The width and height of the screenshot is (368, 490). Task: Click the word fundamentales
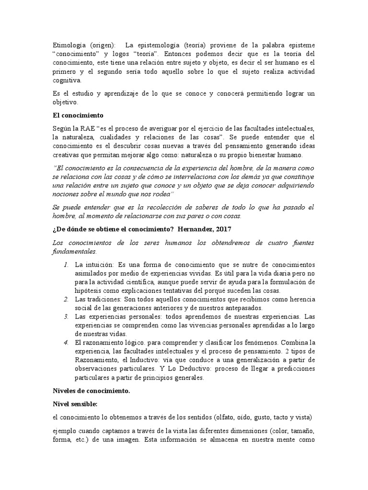tap(74, 251)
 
